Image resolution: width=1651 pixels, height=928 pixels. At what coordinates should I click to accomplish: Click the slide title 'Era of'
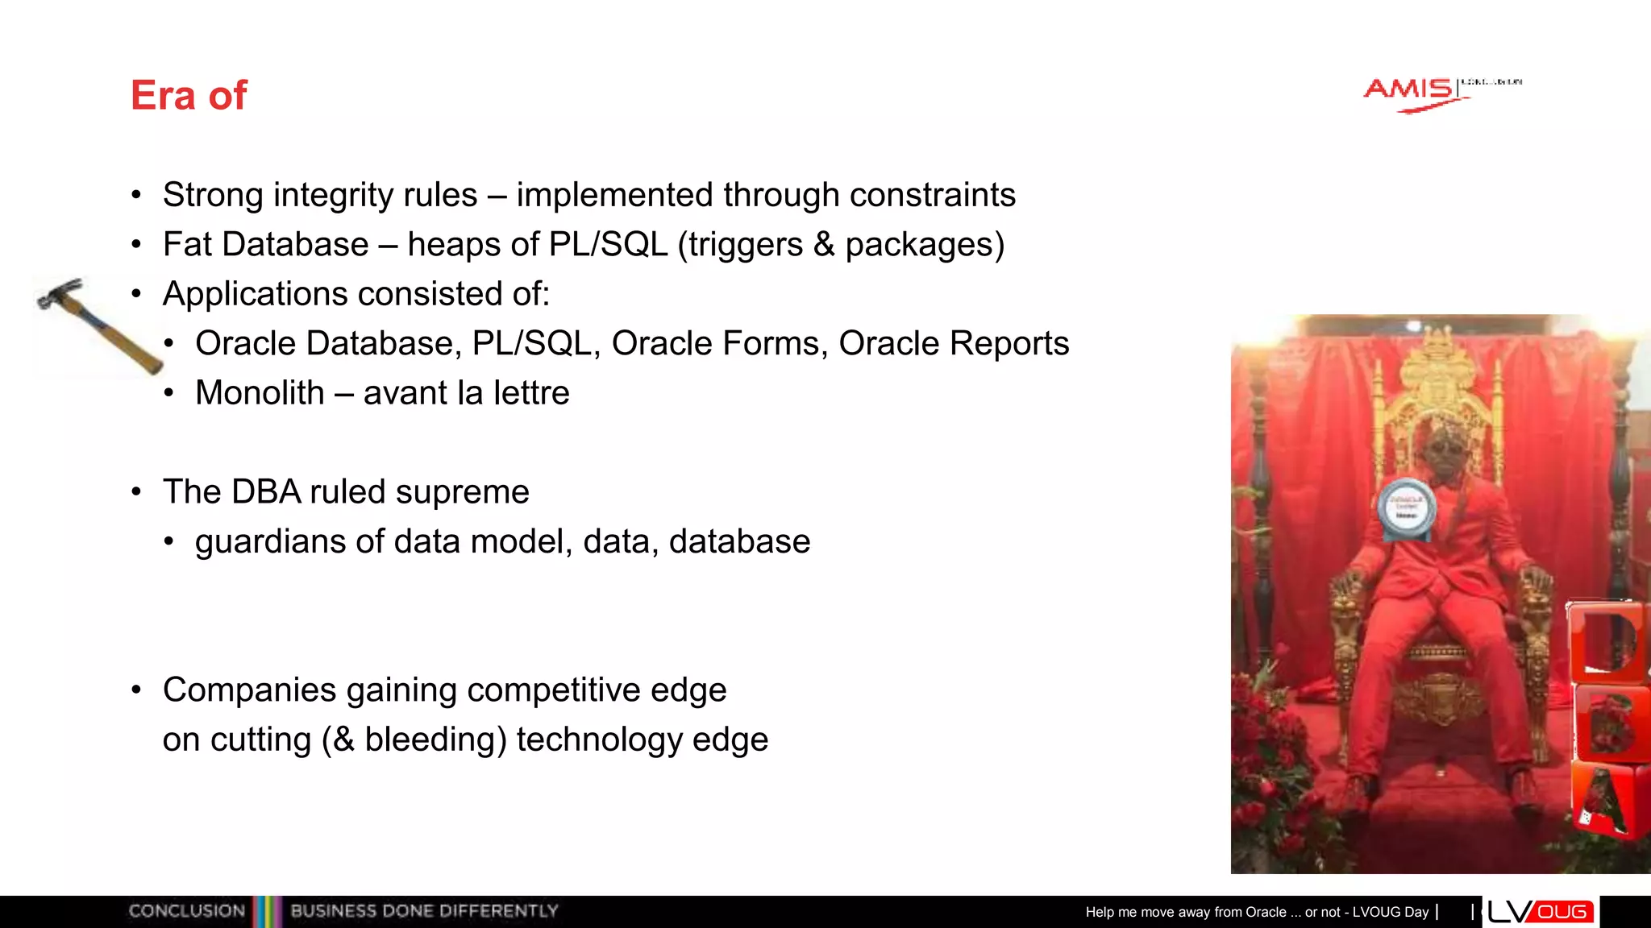tap(189, 95)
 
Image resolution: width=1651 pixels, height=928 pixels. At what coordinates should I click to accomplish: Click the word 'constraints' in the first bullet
tap(932, 195)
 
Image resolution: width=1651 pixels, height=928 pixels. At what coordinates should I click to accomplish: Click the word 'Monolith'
tap(260, 393)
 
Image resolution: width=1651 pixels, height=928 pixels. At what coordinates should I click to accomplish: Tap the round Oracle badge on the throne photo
tap(1406, 508)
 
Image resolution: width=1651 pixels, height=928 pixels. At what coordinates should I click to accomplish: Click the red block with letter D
tap(1607, 641)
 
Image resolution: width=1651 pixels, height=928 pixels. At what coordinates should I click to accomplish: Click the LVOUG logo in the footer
tap(1540, 912)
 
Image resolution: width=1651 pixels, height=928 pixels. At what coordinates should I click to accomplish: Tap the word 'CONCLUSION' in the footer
tap(187, 911)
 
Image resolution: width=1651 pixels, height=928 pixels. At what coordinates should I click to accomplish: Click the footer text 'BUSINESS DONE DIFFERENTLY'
tap(424, 911)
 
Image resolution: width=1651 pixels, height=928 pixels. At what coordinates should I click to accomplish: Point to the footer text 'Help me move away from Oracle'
tap(1185, 912)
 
